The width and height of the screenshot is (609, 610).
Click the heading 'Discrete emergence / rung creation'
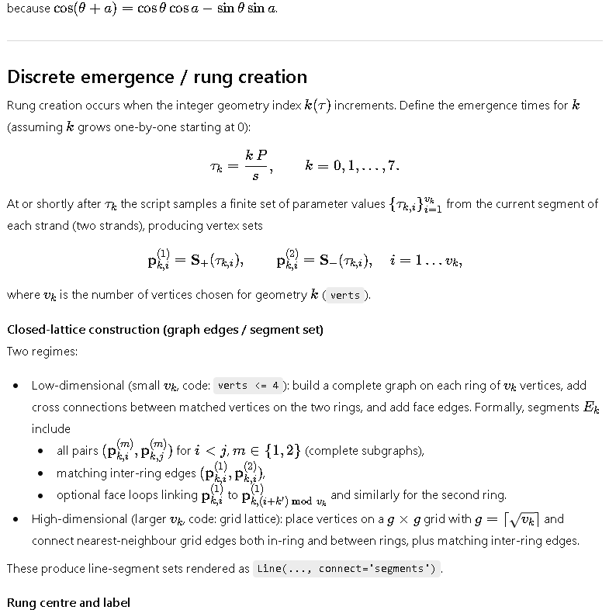[x=157, y=77]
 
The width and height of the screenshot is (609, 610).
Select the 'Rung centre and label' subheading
[x=68, y=602]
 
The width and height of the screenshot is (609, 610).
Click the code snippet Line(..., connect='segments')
[x=347, y=568]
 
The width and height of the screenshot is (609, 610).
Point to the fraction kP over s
[x=256, y=165]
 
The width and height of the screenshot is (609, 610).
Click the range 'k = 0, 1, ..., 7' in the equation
[x=352, y=165]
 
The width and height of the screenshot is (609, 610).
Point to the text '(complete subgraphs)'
[x=365, y=450]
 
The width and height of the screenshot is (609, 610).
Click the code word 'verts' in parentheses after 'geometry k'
[x=345, y=295]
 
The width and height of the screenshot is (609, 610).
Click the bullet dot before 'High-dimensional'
[x=16, y=519]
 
